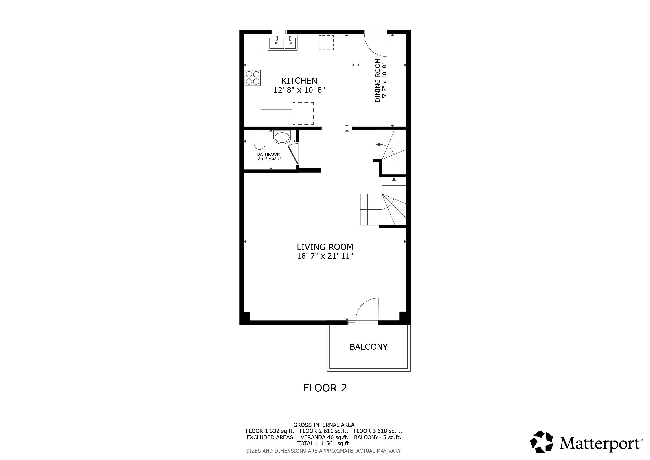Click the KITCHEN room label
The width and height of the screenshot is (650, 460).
[x=299, y=81]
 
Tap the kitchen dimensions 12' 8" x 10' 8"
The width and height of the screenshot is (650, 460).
[x=299, y=90]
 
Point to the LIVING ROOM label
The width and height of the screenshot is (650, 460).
[x=325, y=247]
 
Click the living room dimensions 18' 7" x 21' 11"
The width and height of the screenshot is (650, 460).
[x=325, y=256]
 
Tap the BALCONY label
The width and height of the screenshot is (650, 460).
[x=369, y=347]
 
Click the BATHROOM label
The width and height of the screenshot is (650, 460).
[x=269, y=154]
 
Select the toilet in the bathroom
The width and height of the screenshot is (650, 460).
[x=259, y=140]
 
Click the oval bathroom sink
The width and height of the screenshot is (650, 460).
[x=282, y=137]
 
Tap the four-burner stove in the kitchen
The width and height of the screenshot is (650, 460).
[x=253, y=78]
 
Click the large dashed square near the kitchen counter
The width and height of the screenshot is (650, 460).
[x=303, y=114]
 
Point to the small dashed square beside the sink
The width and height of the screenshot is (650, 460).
[x=326, y=43]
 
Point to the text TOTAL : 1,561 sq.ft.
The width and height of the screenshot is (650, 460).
[x=324, y=443]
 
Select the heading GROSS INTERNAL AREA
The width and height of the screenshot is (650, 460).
[x=324, y=425]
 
